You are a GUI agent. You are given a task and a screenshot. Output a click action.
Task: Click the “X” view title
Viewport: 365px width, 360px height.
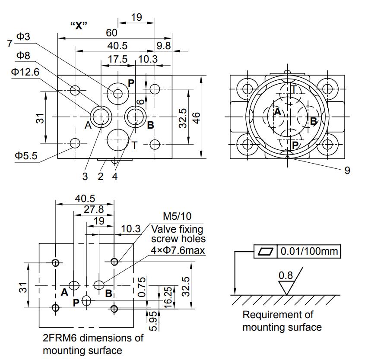coord(79,25)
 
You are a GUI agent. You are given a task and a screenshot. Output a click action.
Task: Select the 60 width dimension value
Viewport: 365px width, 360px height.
coord(111,33)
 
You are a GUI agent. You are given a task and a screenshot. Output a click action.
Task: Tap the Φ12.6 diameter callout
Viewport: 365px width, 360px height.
coord(25,72)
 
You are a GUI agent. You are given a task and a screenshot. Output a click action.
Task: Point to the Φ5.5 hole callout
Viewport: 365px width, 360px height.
coord(26,155)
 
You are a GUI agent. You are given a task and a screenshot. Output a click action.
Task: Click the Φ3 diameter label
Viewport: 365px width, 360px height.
coord(23,37)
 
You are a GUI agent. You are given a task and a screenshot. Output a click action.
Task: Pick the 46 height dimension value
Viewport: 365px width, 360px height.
coord(197,118)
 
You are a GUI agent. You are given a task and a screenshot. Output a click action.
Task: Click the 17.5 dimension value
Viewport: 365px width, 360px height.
coord(117,59)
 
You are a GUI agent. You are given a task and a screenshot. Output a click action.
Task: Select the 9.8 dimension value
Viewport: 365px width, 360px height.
coord(164,46)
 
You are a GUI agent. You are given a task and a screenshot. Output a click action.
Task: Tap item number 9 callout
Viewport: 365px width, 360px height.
coord(347,171)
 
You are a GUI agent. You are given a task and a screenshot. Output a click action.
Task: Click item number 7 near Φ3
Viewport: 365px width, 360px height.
coord(10,43)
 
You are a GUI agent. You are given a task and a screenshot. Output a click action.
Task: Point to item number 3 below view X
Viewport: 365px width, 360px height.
coord(85,177)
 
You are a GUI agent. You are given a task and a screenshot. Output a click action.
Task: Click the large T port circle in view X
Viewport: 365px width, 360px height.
coord(118,140)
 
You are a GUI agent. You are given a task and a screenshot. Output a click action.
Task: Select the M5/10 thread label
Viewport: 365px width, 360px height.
coord(177,216)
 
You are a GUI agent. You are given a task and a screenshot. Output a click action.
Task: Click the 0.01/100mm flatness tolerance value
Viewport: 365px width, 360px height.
coord(309,251)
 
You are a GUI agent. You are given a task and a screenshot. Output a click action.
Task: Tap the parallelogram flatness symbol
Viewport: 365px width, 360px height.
coord(266,251)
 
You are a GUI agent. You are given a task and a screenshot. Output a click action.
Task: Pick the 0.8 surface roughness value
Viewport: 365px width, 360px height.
coord(286,275)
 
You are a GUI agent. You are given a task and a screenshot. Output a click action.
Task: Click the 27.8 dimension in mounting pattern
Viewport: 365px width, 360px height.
coord(94,209)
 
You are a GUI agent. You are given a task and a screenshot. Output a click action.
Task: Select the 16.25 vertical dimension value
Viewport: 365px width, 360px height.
coord(168,298)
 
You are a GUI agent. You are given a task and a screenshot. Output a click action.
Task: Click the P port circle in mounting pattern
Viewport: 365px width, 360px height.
coord(86,300)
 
